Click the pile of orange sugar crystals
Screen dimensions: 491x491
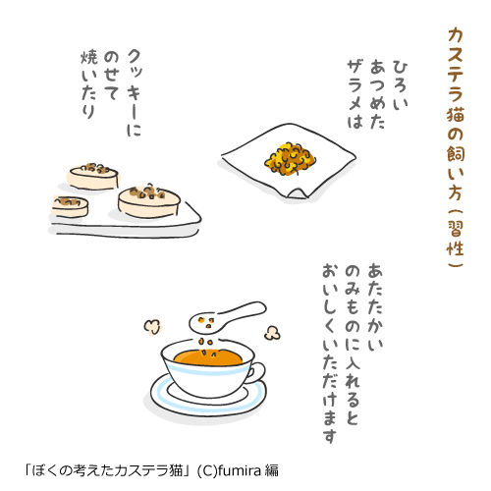tap(290, 158)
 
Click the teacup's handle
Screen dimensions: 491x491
tap(257, 372)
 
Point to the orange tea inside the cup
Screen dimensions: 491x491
tap(208, 357)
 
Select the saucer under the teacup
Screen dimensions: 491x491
tap(208, 398)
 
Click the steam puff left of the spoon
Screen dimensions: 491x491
tap(152, 327)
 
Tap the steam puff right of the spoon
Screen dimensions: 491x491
tap(272, 333)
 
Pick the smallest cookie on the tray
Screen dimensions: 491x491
tap(70, 206)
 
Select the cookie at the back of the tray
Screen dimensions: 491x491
tap(93, 177)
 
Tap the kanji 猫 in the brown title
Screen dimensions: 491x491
tap(456, 113)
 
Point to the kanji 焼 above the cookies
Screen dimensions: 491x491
tap(89, 57)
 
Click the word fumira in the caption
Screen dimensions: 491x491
tap(240, 470)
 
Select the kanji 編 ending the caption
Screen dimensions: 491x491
tap(272, 470)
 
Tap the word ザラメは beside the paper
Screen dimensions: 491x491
tap(355, 95)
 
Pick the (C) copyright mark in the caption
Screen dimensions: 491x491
tap(207, 470)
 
